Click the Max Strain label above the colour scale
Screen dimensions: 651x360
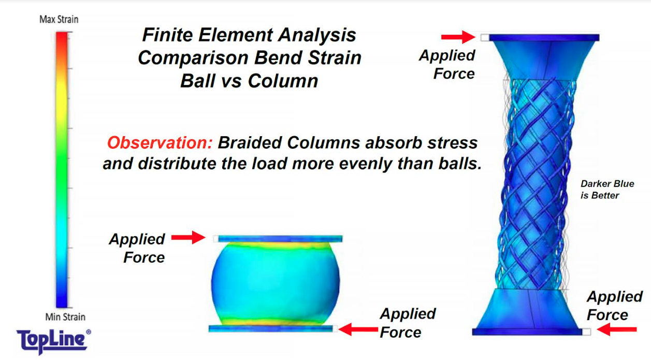pyautogui.click(x=59, y=20)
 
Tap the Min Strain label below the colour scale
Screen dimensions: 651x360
pyautogui.click(x=65, y=316)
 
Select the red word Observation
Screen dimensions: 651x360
pyautogui.click(x=160, y=143)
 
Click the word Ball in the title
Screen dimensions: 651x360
pyautogui.click(x=198, y=81)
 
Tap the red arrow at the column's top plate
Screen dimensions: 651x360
pyautogui.click(x=458, y=37)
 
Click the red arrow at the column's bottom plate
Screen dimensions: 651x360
pyautogui.click(x=617, y=329)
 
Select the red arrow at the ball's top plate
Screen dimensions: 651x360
pyautogui.click(x=189, y=237)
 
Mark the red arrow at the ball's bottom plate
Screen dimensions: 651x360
pyautogui.click(x=358, y=329)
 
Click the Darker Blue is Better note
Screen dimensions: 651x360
pyautogui.click(x=607, y=190)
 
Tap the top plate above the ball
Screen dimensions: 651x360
pyautogui.click(x=280, y=239)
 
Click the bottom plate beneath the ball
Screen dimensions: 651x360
pyautogui.click(x=270, y=328)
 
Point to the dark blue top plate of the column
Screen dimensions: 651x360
pyautogui.click(x=544, y=37)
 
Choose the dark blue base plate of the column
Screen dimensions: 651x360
pyautogui.click(x=527, y=332)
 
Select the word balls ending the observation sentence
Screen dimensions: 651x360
pyautogui.click(x=460, y=164)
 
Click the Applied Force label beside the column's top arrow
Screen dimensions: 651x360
pyautogui.click(x=447, y=64)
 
